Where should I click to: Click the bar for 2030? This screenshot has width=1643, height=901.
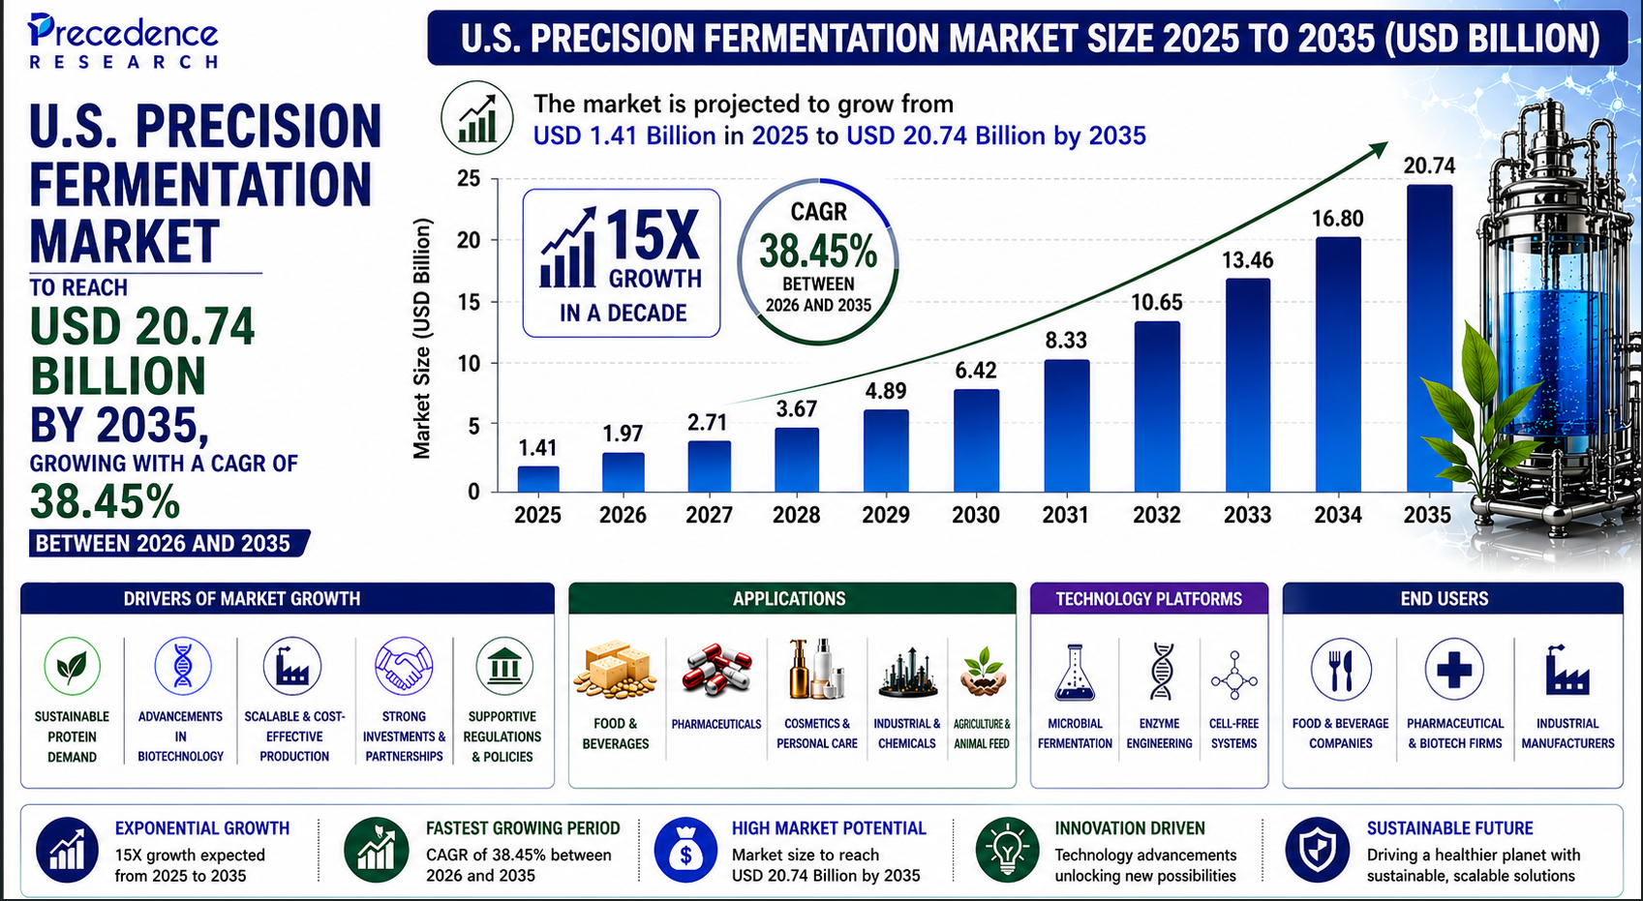(976, 440)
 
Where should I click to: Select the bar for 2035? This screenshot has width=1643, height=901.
(1429, 339)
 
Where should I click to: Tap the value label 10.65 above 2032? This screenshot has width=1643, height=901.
(1157, 303)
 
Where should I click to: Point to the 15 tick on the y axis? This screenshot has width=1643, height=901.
(469, 302)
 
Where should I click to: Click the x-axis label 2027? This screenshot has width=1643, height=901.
(709, 515)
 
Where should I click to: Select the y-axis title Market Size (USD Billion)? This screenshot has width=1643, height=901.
(421, 339)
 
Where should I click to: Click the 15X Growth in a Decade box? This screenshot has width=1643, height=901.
(622, 263)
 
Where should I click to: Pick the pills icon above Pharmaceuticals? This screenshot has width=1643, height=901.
(716, 670)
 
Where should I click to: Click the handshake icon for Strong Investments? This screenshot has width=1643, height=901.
(404, 667)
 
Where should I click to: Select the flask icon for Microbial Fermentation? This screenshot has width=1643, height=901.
(1075, 672)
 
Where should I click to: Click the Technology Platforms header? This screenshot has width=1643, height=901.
(1148, 599)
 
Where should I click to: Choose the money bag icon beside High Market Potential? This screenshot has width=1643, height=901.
(685, 851)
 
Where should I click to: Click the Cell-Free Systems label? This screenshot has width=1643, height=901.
(1233, 734)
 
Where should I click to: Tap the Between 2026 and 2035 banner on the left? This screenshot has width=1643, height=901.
(165, 544)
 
